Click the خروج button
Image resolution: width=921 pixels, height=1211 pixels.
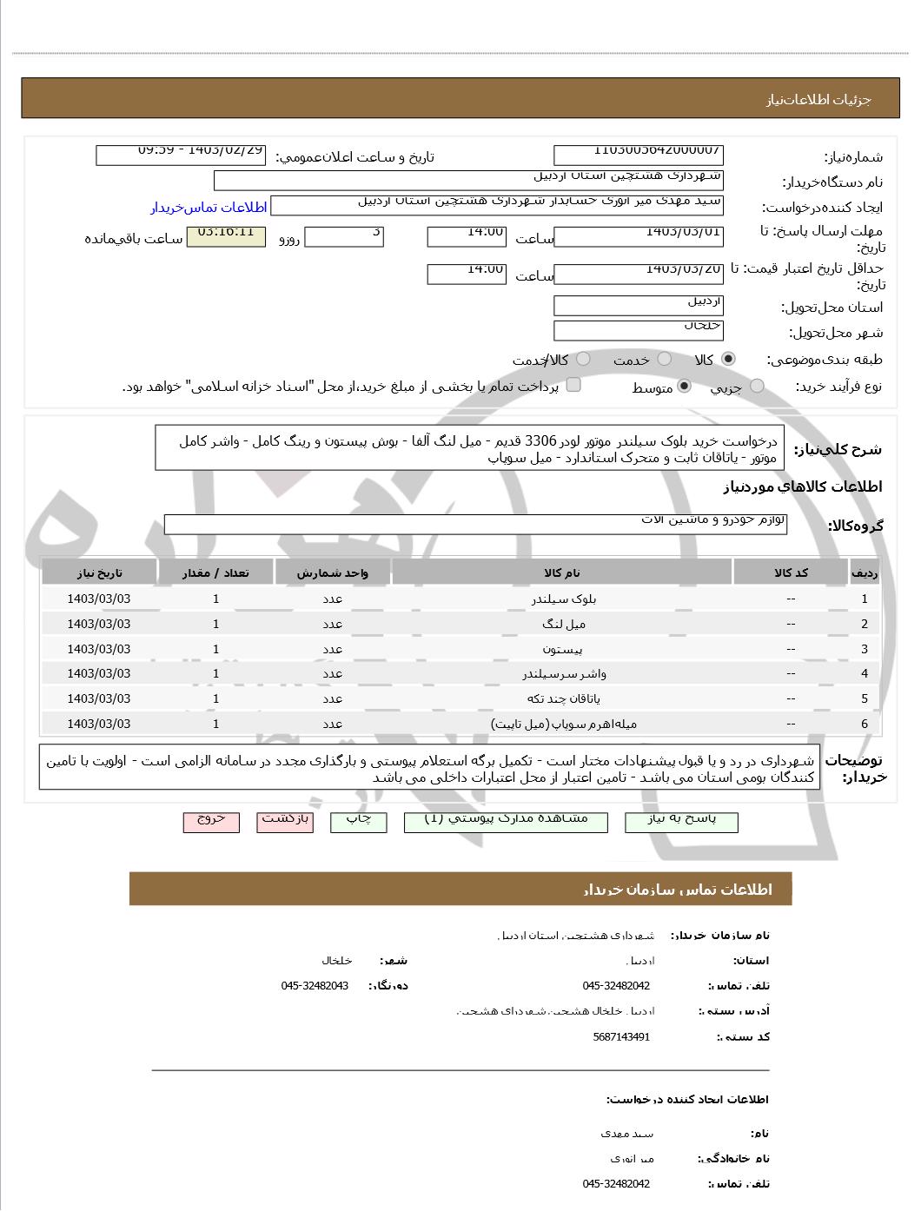pos(211,822)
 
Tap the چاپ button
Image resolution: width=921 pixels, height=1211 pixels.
pos(359,822)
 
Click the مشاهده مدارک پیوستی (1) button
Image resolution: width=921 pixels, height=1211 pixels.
pos(506,822)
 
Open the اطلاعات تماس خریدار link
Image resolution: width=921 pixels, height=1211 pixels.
pos(208,208)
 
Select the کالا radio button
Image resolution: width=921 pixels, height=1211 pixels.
pos(728,359)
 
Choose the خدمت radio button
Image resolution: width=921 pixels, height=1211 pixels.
pos(665,359)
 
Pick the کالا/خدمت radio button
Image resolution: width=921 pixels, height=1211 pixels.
pos(583,359)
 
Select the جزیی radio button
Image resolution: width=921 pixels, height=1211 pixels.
pos(757,386)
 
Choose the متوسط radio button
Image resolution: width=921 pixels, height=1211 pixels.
pos(685,386)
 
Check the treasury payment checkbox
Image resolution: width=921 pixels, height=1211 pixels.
pos(573,385)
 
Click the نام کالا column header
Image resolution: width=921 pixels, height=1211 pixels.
pos(562,572)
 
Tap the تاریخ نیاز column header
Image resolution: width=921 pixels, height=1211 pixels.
pos(100,572)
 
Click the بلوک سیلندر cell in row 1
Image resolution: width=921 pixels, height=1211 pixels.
pos(562,599)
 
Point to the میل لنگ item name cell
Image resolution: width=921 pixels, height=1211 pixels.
pos(562,624)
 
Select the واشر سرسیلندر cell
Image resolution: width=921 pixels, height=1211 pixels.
pos(562,673)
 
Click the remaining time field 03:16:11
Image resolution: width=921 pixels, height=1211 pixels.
pos(226,236)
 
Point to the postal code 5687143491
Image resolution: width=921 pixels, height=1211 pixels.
pos(621,1036)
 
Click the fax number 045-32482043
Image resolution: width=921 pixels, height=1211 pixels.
pos(315,985)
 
